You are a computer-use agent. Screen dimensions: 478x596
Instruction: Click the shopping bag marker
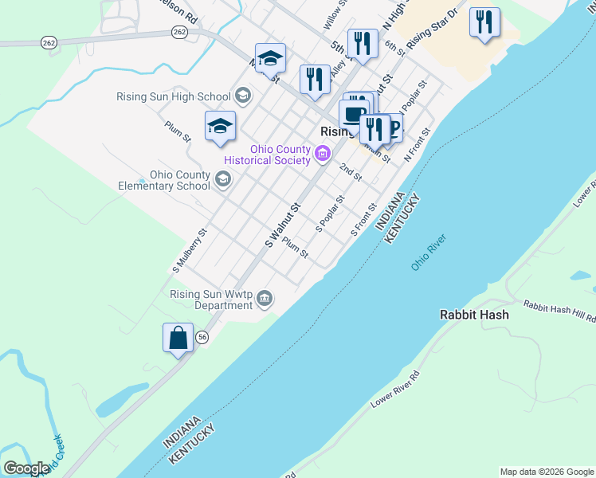coord(178,338)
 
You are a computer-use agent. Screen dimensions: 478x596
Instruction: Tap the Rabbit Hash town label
coord(474,315)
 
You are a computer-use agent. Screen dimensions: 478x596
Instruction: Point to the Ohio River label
coord(429,252)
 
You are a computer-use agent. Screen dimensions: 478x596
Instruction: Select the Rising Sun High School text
coord(173,97)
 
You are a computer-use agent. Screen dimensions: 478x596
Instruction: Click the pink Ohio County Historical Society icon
coord(323,155)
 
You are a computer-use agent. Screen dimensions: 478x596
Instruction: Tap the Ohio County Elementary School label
coord(180,181)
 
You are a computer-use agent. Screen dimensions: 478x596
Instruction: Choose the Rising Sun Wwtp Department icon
coord(265,299)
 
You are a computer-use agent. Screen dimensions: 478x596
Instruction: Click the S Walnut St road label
coord(282,225)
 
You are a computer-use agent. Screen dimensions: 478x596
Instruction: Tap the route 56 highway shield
coord(203,337)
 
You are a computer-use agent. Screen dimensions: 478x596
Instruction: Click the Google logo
coord(26,468)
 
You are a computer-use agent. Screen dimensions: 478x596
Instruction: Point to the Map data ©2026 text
coord(546,472)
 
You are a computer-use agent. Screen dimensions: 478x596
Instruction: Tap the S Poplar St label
coord(330,214)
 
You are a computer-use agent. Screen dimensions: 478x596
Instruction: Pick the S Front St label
coord(364,218)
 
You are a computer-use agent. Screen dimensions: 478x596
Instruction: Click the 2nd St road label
coord(351,170)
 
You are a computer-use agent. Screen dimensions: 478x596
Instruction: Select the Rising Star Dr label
coord(433,29)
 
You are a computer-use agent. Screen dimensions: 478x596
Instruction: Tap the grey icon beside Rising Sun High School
coord(243,97)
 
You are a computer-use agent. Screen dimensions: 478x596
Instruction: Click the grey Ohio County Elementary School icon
coord(224,180)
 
